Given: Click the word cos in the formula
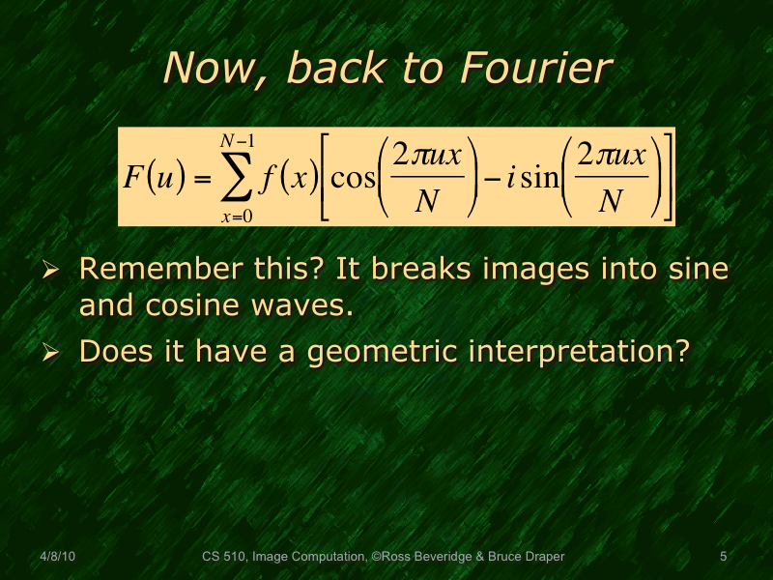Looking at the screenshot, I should pyautogui.click(x=353, y=178).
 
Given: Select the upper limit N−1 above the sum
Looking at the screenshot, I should pyautogui.click(x=238, y=141).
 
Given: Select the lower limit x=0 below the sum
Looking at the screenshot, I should pyautogui.click(x=236, y=216).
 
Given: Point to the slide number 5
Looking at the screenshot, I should pyautogui.click(x=724, y=556).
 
